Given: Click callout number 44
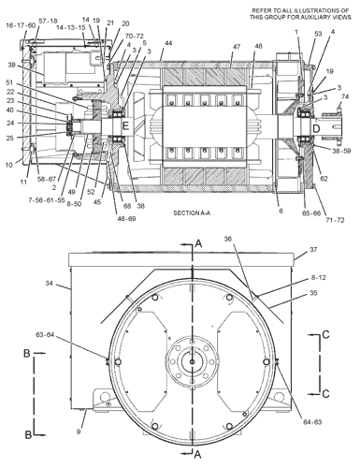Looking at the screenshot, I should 167,45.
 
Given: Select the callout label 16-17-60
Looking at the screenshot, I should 20,27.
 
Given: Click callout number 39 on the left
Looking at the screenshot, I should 13,66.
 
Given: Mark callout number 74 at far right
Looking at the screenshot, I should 344,96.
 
